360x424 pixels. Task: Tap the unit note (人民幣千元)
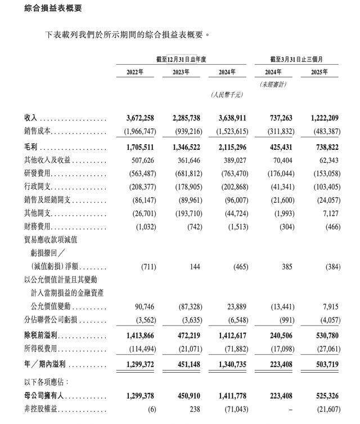pos(227,96)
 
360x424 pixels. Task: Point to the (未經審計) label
pos(273,84)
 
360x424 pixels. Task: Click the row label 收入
pos(30,118)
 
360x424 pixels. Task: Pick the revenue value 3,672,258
pos(137,118)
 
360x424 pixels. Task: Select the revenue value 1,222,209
pos(325,118)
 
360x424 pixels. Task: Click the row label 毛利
pos(30,148)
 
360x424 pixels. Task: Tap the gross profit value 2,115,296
pos(231,148)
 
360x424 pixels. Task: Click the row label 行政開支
pos(38,187)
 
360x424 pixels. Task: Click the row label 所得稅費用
pos(41,350)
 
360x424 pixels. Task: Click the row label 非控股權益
pos(41,410)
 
